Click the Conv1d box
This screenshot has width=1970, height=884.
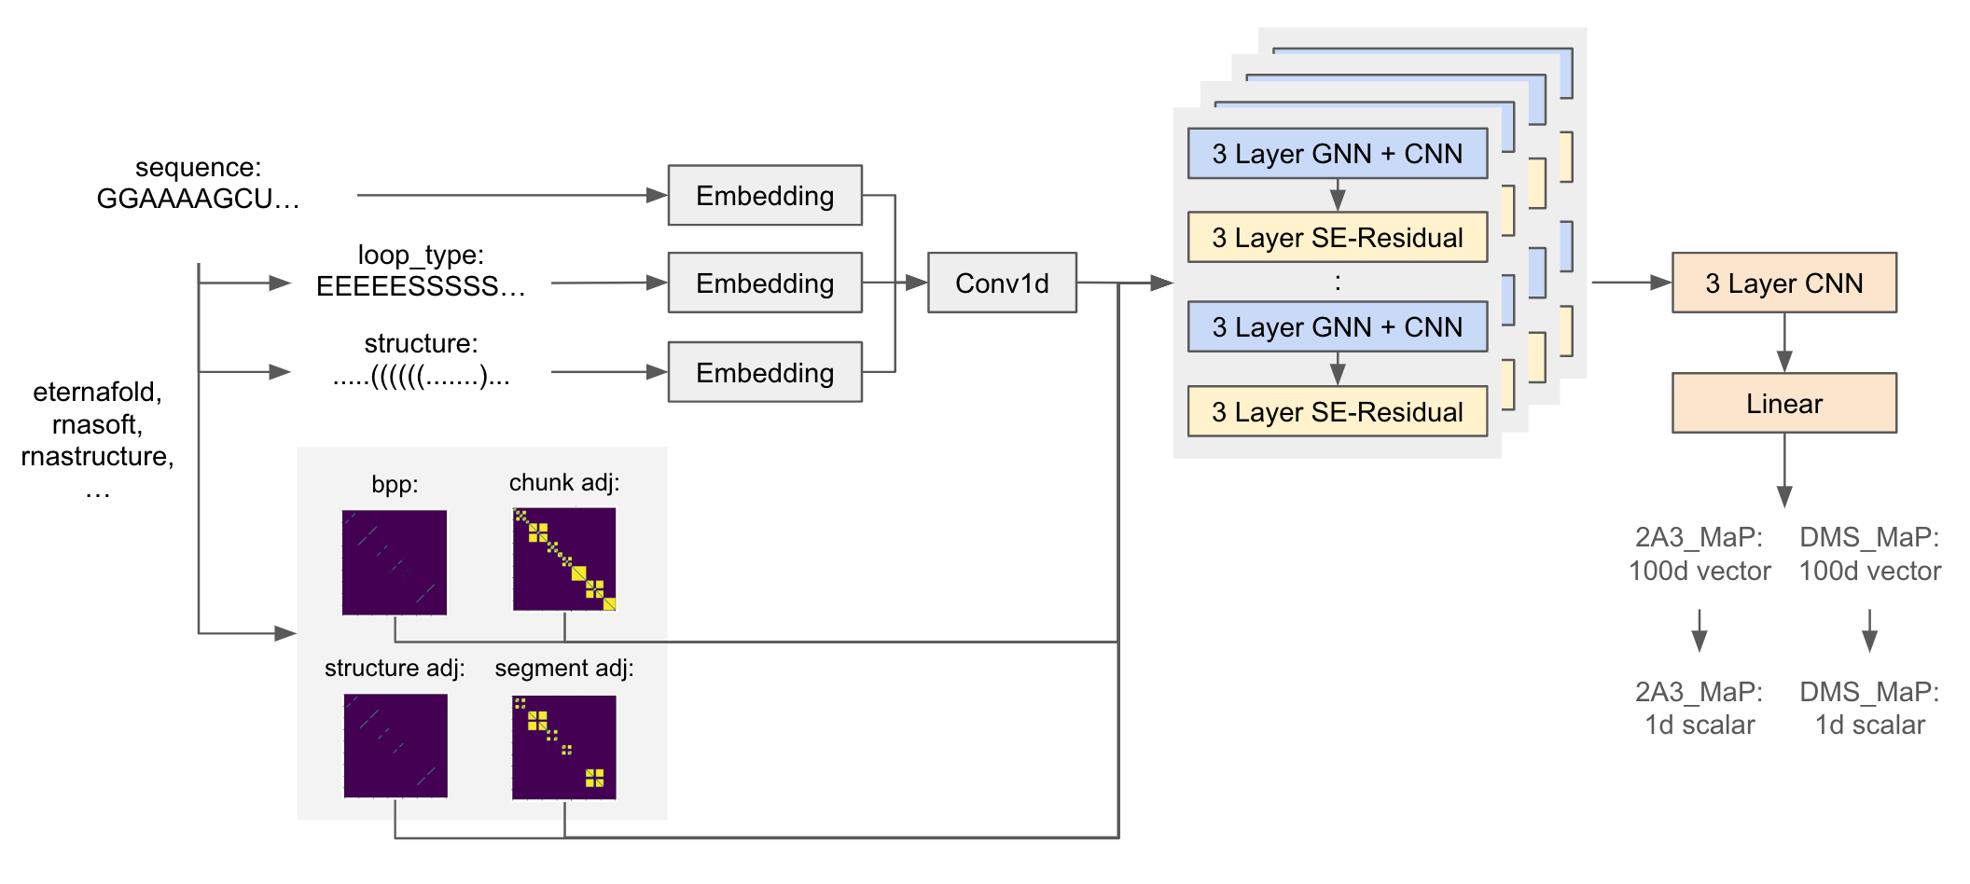click(x=1002, y=283)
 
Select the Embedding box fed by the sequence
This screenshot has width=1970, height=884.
click(x=765, y=195)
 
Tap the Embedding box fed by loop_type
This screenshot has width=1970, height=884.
click(x=765, y=283)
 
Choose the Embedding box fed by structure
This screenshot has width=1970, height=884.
click(x=765, y=372)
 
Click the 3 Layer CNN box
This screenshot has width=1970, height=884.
click(x=1784, y=283)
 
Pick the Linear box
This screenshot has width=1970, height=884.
click(x=1784, y=403)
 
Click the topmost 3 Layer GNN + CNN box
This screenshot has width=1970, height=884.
click(x=1338, y=153)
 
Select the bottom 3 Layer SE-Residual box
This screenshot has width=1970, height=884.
click(x=1338, y=411)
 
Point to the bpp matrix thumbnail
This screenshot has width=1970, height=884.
click(x=395, y=562)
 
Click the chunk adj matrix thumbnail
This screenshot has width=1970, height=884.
click(x=564, y=559)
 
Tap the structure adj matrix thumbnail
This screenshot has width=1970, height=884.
click(x=395, y=746)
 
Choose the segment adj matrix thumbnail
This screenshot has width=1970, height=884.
click(x=564, y=747)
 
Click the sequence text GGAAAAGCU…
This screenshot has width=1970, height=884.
click(x=198, y=199)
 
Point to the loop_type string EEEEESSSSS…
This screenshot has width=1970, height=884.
click(x=421, y=286)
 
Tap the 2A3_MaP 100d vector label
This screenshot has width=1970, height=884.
click(x=1699, y=554)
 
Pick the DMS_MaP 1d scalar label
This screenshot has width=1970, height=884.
click(x=1869, y=709)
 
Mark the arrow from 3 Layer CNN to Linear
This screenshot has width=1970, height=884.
click(x=1784, y=342)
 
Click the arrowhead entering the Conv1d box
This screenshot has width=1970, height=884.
click(x=917, y=283)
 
